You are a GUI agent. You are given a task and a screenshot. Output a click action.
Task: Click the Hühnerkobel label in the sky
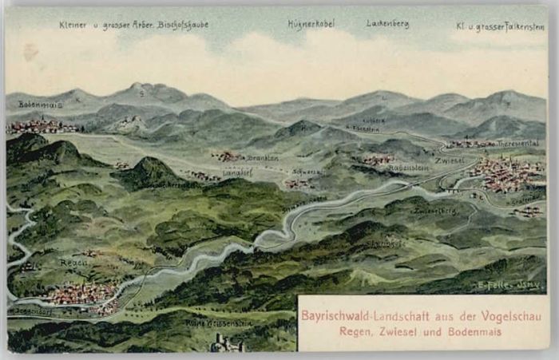pos(311,24)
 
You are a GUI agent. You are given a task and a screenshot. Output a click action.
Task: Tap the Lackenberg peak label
pos(387,24)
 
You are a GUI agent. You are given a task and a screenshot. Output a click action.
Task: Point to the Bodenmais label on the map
pos(40,105)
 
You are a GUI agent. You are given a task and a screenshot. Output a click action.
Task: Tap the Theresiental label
pos(518,144)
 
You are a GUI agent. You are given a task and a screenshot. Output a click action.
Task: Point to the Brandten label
pos(263,158)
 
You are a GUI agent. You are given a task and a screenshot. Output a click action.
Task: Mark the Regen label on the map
pos(73,261)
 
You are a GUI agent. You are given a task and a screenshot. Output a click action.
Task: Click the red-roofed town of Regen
pos(80,295)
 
